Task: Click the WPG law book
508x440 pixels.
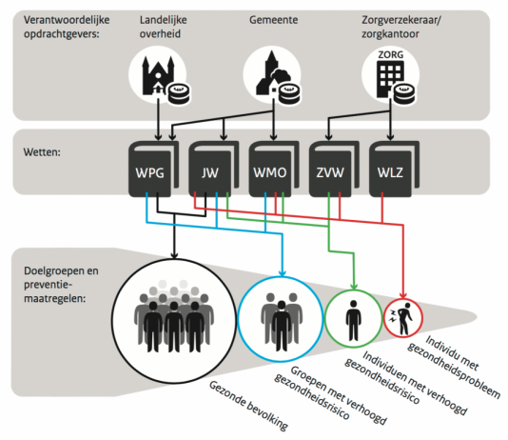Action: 153,169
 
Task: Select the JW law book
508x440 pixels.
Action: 214,169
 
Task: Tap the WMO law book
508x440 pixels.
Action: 274,169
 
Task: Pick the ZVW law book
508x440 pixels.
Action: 334,169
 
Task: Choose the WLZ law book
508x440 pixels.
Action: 394,169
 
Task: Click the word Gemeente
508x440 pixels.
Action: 273,20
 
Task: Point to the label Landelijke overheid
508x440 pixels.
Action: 164,27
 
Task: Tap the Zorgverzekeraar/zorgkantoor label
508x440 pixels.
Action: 401,27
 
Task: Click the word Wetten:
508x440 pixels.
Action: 42,152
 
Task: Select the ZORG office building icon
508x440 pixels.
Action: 390,74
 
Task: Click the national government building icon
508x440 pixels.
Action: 158,76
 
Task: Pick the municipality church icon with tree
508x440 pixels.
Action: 273,73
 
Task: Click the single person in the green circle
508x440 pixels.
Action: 354,321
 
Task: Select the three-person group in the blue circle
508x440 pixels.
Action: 282,322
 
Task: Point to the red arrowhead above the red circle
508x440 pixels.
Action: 403,295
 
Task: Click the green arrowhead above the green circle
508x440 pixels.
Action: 354,286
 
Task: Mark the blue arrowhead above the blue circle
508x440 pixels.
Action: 283,272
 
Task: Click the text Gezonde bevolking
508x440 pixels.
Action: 248,406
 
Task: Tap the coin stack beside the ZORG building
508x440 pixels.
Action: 404,94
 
